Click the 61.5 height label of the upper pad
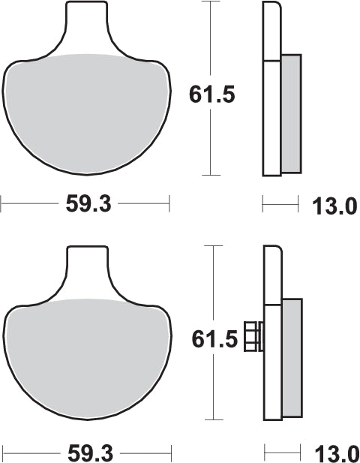(211, 95)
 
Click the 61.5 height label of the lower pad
(214, 339)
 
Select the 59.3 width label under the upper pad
(88, 204)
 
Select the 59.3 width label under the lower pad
(90, 453)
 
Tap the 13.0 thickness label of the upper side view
(334, 206)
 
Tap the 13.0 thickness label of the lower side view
(337, 454)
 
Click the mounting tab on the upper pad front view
(86, 23)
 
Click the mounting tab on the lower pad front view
(88, 268)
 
